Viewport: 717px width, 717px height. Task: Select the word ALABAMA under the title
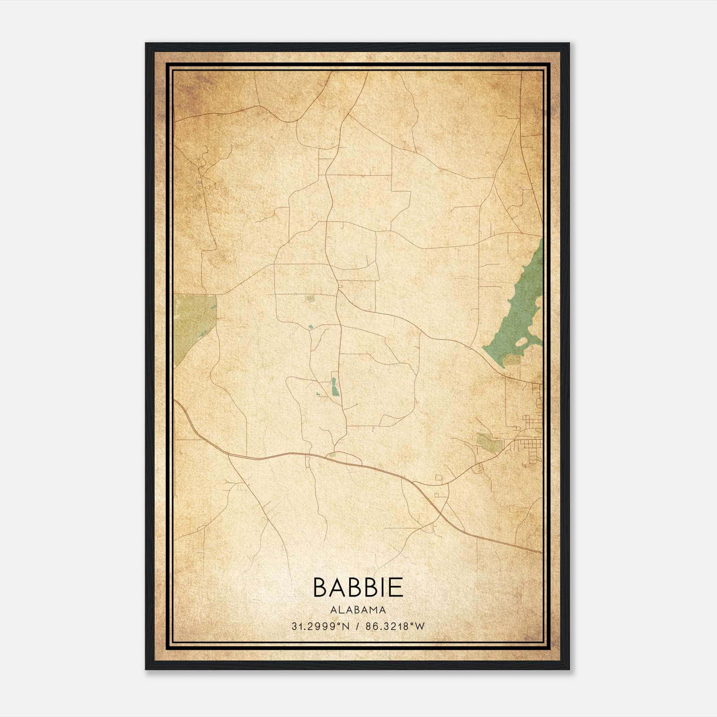click(358, 609)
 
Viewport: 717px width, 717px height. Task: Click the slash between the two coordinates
click(357, 626)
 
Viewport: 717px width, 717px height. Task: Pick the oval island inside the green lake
click(523, 342)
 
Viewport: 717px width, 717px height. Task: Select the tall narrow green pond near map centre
click(334, 386)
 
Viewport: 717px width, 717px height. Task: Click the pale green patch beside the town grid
click(488, 441)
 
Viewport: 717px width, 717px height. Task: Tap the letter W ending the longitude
click(420, 626)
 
